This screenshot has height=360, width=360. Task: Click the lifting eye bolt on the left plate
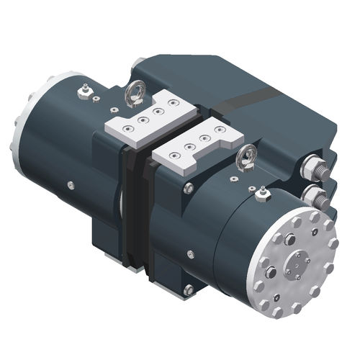coord(133,94)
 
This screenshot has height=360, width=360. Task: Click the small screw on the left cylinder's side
coord(71,185)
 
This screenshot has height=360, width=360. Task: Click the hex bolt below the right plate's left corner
coord(188,188)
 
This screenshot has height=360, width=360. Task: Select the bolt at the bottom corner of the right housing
coord(189,290)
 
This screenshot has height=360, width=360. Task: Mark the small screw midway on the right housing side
coord(190,253)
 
